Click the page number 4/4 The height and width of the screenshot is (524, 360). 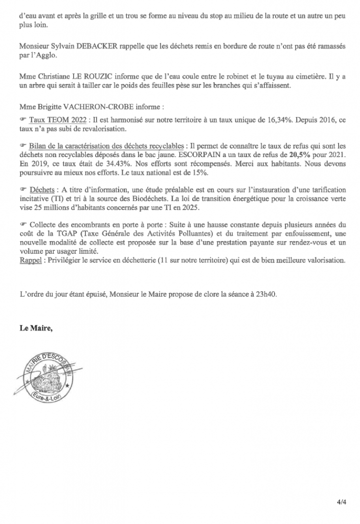pyautogui.click(x=341, y=501)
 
